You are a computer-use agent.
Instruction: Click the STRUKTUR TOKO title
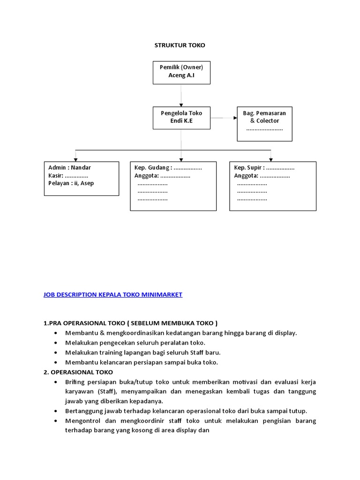coord(180,45)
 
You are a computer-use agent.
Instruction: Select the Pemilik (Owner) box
coord(181,72)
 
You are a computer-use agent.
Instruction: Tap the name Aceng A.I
coord(181,75)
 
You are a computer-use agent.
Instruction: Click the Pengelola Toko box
coord(181,117)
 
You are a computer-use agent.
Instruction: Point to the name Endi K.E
coord(181,121)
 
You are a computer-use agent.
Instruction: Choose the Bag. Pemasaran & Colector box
coord(264,123)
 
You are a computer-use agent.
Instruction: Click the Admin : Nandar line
coord(70,168)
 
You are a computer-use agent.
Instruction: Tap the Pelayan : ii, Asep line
coord(71,183)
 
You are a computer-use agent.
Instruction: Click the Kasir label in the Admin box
coord(55,176)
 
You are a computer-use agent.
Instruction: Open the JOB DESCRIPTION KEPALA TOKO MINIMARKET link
coord(112,295)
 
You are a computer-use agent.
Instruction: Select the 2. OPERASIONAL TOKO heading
coord(78,372)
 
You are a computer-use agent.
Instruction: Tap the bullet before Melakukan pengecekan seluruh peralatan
coord(56,343)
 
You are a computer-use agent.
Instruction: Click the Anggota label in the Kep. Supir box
coord(246,176)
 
